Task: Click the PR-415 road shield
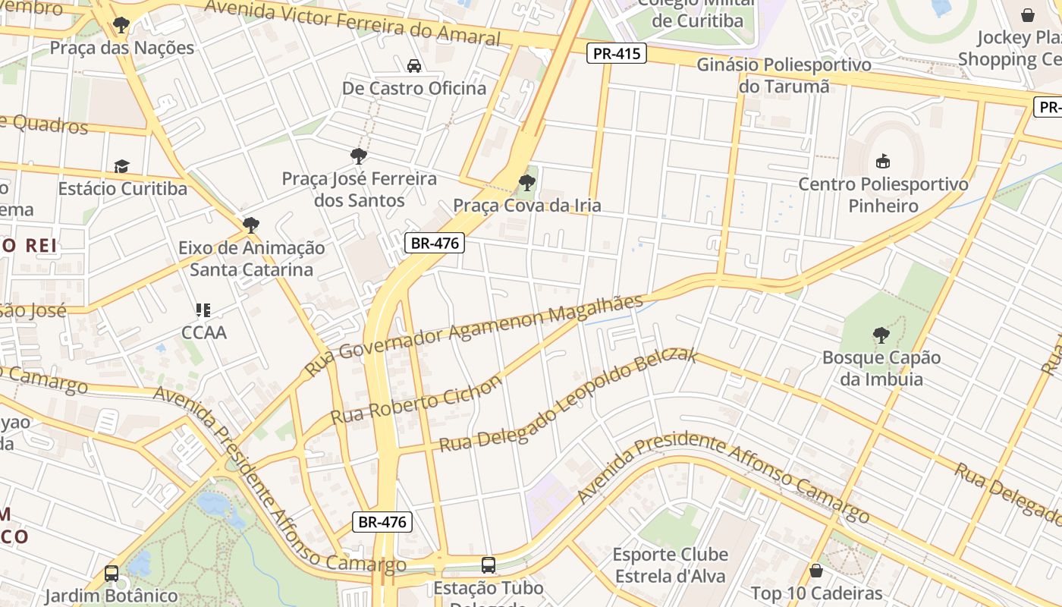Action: pyautogui.click(x=616, y=53)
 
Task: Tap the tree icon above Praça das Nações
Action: pyautogui.click(x=121, y=25)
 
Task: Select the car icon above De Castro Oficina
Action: pyautogui.click(x=414, y=66)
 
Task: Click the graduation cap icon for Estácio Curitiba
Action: pyautogui.click(x=122, y=166)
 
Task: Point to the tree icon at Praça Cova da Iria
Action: pyautogui.click(x=526, y=183)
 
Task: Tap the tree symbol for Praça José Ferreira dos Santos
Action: pyautogui.click(x=359, y=156)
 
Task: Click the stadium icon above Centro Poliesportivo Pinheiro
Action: pyautogui.click(x=883, y=161)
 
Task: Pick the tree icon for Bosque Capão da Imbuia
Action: pyautogui.click(x=881, y=335)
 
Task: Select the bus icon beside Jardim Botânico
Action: pyautogui.click(x=112, y=574)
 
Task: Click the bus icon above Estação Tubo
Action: pyautogui.click(x=489, y=565)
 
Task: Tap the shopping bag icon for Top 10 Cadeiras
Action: pyautogui.click(x=816, y=571)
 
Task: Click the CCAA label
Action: pyautogui.click(x=204, y=332)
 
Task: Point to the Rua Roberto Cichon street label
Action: pyautogui.click(x=416, y=400)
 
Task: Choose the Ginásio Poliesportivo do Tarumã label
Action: pyautogui.click(x=784, y=75)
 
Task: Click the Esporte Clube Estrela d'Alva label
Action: pyautogui.click(x=670, y=565)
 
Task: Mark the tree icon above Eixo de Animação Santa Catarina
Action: pyautogui.click(x=251, y=225)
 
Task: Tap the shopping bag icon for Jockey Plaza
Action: pyautogui.click(x=1028, y=15)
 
